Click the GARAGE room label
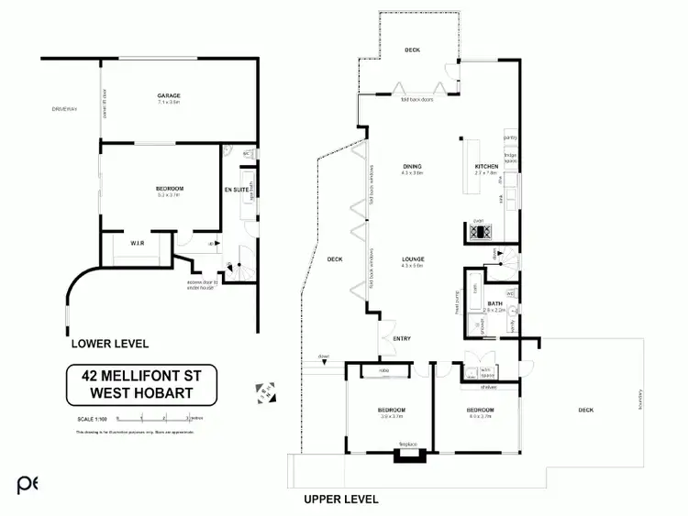(x=168, y=95)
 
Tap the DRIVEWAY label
(x=65, y=109)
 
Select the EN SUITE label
(x=236, y=189)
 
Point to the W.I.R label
(x=134, y=243)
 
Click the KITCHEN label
(x=487, y=166)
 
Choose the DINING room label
(x=412, y=166)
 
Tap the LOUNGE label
(x=412, y=258)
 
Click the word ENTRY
(x=402, y=339)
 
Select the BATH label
(x=495, y=303)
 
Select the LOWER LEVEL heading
(x=110, y=345)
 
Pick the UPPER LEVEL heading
(x=341, y=500)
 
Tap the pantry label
(x=511, y=138)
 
